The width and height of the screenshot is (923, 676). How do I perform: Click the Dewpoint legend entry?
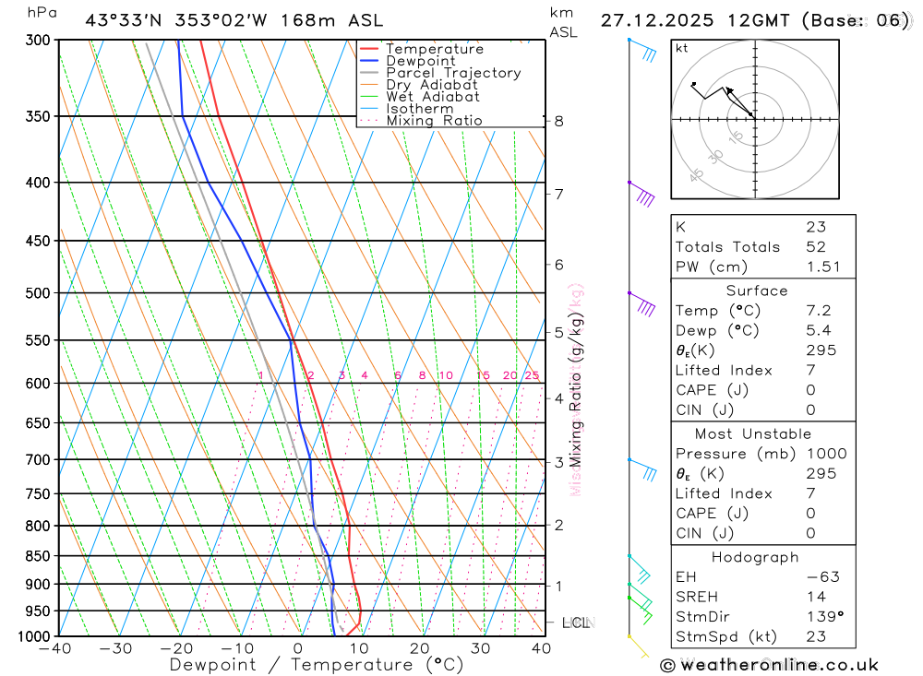420,61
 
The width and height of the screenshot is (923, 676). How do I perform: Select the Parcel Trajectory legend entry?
452,73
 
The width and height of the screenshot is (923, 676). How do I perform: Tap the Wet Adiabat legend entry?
432,97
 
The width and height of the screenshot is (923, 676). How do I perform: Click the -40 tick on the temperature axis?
55,648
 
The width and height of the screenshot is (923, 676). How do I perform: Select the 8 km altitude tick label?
559,121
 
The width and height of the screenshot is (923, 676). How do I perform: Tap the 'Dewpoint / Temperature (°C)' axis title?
317,664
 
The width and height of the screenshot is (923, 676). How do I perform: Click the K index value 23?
816,227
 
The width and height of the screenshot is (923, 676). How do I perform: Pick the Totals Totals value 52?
816,247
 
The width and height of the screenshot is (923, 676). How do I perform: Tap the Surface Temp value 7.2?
818,311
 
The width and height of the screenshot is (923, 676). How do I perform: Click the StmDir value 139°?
821,617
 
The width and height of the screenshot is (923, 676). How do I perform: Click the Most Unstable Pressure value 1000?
826,454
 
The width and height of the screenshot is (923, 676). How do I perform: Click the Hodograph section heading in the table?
755,557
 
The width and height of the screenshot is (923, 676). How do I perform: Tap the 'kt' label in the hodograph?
682,48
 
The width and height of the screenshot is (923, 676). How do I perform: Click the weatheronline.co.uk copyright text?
769,664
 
